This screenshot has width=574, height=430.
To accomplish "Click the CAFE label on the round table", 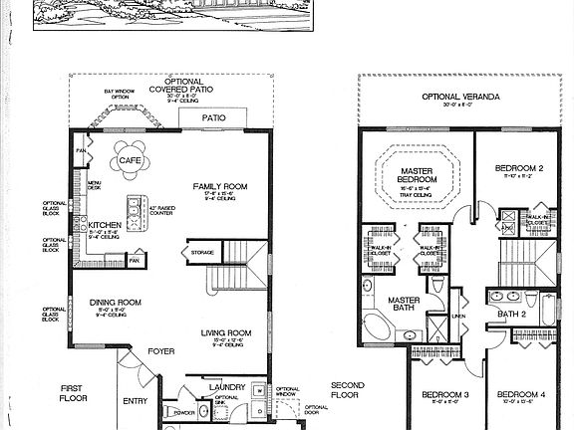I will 130,160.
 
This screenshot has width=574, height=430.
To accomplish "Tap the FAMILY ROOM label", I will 219,186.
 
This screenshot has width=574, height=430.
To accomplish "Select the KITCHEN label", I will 105,225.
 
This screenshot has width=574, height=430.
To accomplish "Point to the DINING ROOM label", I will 115,303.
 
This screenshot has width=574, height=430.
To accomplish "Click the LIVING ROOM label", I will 225,333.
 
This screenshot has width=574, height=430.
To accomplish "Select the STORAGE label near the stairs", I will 203,253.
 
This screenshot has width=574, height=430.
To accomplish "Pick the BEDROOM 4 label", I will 521,394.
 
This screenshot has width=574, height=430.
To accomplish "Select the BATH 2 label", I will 511,315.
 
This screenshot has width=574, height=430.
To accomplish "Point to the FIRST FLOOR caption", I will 73,391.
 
